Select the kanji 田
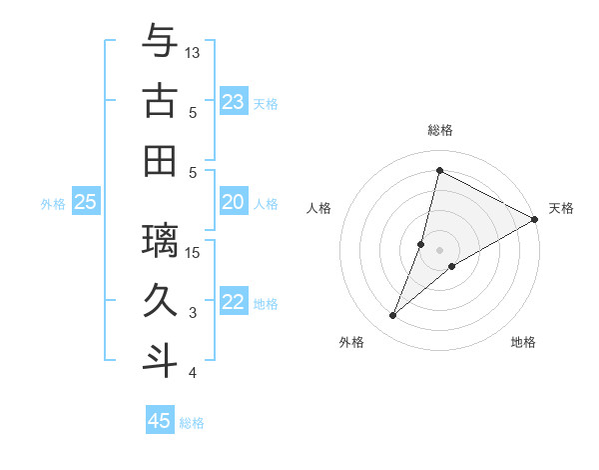tap(160, 160)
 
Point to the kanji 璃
tap(160, 240)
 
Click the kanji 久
tap(160, 300)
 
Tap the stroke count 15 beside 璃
tap(194, 252)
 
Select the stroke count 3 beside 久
tap(194, 313)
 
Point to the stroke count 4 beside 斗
tap(194, 373)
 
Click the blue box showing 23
tap(234, 102)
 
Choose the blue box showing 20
tap(234, 203)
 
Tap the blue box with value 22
tap(234, 303)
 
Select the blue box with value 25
tap(85, 203)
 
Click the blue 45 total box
tap(160, 421)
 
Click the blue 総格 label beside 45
tap(192, 422)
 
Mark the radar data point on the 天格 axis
tap(535, 220)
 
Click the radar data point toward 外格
tap(393, 316)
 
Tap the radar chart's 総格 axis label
tap(440, 130)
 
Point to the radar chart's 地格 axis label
tap(523, 342)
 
